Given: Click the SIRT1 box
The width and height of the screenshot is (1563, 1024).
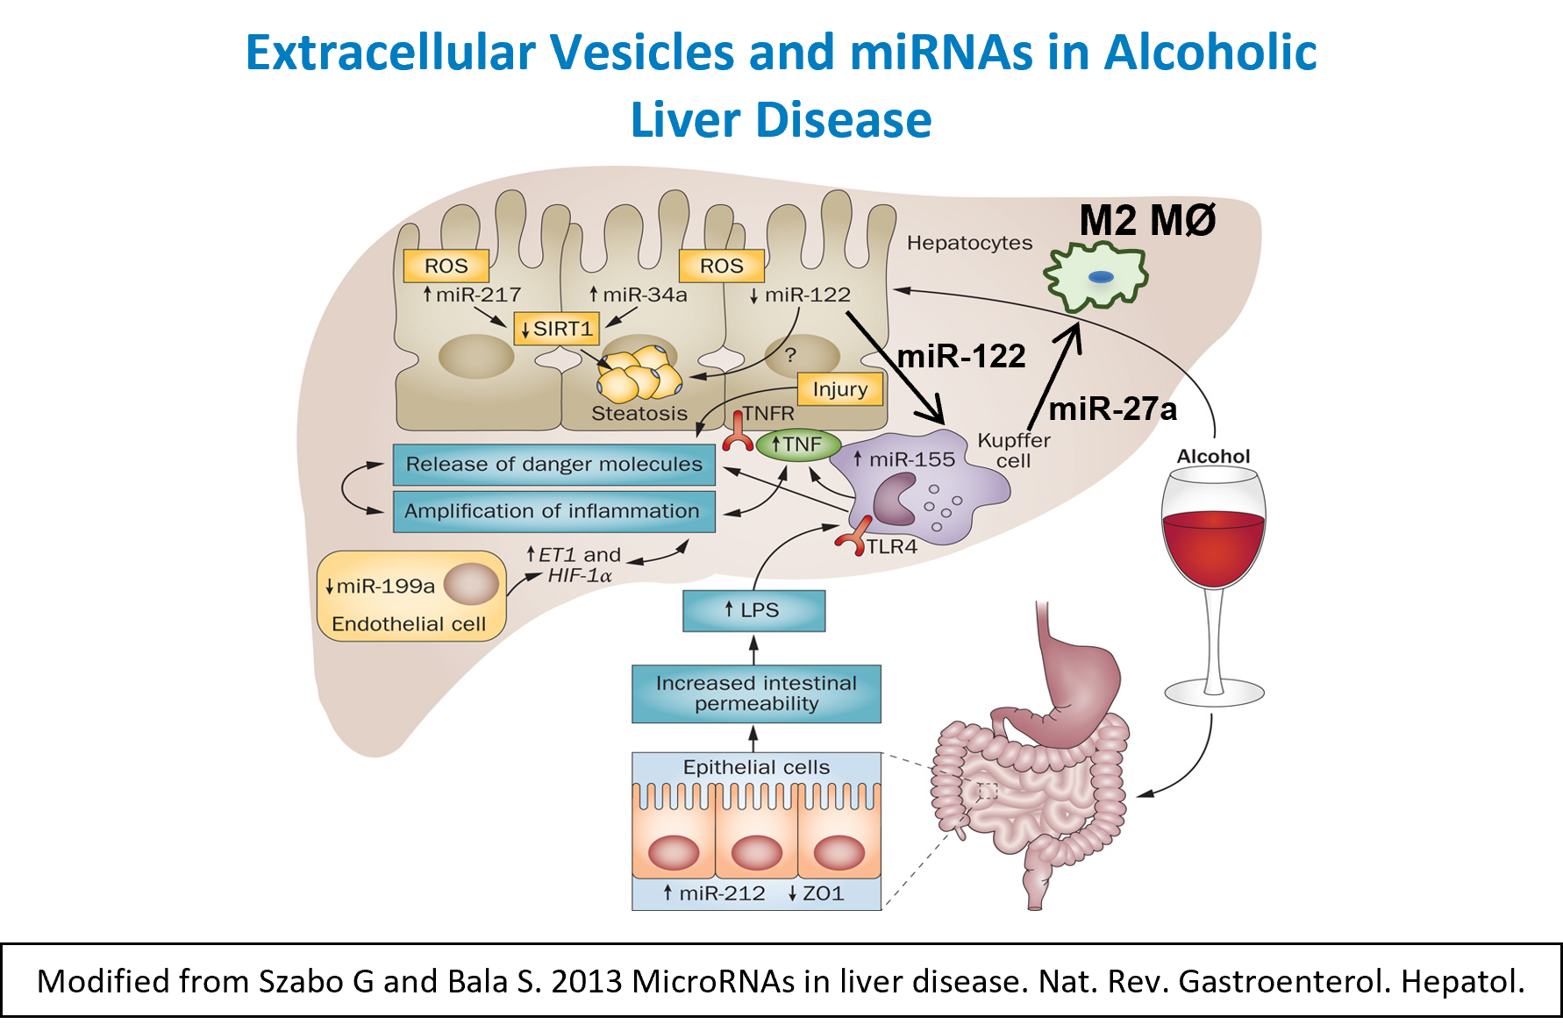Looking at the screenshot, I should coord(557,329).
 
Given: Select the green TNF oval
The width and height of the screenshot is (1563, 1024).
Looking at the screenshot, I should coord(798,444).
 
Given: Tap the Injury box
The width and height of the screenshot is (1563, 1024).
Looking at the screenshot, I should coord(840,388).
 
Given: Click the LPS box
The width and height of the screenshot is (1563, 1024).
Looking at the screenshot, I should coord(753,610).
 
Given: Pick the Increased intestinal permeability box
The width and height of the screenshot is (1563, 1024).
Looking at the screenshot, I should coord(756,693).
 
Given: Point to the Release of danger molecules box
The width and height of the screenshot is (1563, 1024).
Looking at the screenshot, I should coord(553,465).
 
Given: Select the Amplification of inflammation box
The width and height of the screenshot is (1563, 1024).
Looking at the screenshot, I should coord(553,511).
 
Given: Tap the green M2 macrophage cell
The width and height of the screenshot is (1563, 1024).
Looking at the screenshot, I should coord(1096,277).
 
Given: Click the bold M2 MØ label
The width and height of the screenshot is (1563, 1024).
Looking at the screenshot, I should coord(1146,219).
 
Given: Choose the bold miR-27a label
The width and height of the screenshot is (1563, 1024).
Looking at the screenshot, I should coord(1112,409).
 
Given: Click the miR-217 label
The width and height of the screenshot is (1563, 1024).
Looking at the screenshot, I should coord(472,295).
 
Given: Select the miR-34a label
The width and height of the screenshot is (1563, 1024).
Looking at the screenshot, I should coord(639,295).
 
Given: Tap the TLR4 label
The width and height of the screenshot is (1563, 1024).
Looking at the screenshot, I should coord(891,547).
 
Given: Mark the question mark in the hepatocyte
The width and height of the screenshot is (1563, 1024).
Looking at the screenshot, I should coord(791,355).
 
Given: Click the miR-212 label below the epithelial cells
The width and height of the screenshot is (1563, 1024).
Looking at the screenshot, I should coord(714,893).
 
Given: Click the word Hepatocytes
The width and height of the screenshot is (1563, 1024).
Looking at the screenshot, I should coord(969,243).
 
